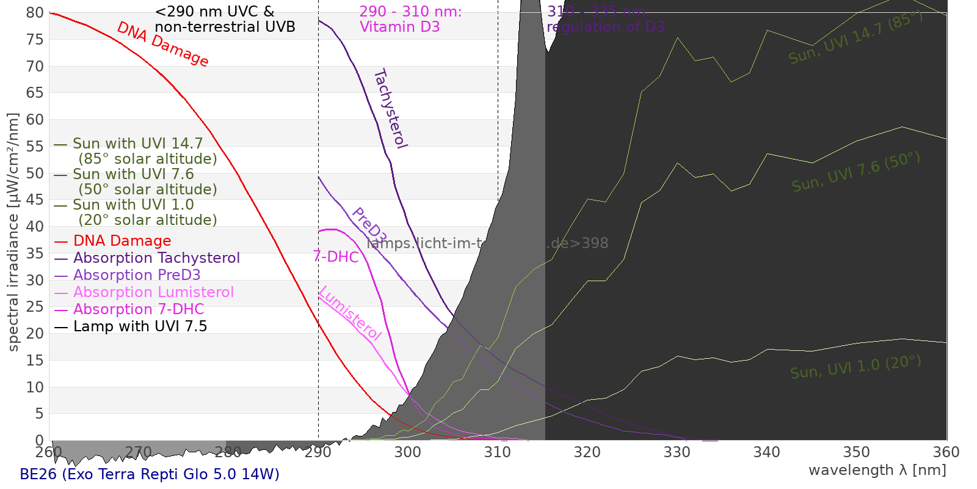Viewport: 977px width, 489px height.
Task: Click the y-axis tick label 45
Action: (35, 200)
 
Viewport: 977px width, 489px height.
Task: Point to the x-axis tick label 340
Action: (766, 452)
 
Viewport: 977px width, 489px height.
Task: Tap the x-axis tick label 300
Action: (407, 452)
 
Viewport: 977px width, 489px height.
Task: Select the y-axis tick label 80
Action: (35, 13)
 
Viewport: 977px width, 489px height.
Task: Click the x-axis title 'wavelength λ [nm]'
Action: (877, 470)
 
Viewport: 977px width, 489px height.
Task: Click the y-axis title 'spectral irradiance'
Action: (13, 232)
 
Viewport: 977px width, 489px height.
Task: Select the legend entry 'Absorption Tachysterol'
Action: (156, 258)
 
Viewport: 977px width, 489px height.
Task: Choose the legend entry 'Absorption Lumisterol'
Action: (153, 292)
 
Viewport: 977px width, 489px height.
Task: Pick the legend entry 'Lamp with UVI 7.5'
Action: (140, 326)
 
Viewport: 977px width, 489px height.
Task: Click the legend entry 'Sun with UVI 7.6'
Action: (133, 174)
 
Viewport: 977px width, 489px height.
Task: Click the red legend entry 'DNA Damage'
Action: (122, 241)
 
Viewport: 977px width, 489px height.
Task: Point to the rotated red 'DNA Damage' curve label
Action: (162, 44)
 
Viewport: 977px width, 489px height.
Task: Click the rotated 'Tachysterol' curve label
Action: (390, 109)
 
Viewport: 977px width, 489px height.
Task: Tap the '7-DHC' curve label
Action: (336, 257)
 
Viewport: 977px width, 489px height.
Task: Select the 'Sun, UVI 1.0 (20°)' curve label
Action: (855, 367)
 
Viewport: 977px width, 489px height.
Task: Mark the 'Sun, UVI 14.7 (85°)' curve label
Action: (855, 38)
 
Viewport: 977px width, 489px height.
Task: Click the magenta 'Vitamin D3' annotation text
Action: (399, 27)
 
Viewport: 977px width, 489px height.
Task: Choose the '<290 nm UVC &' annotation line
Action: (214, 12)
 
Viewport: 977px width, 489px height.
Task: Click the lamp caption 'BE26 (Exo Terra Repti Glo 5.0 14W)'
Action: (150, 474)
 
